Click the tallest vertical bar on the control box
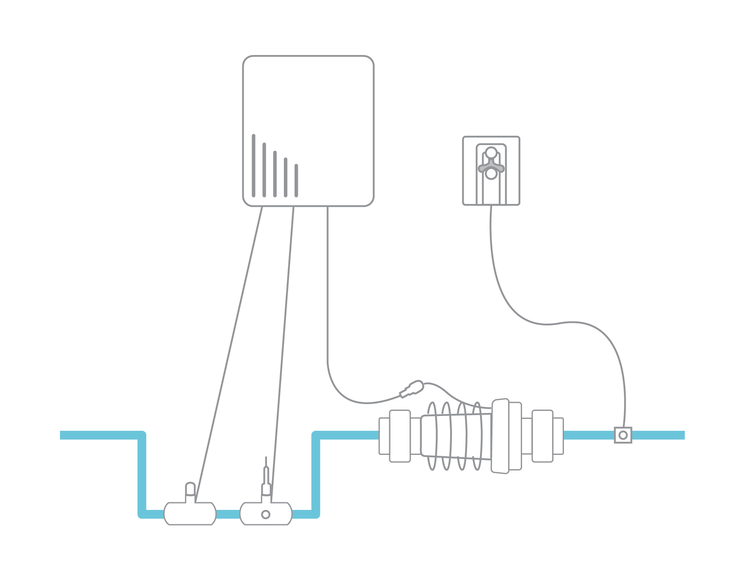tap(253, 165)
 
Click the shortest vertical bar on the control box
tap(296, 180)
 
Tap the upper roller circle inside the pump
tap(491, 152)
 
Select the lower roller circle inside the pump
tap(491, 173)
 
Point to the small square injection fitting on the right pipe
tap(623, 435)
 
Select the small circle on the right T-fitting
tap(266, 515)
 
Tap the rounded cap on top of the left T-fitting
tap(190, 488)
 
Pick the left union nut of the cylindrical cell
tap(399, 436)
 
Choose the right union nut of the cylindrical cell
tap(542, 436)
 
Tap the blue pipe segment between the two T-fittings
tap(228, 515)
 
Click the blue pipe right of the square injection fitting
tap(658, 435)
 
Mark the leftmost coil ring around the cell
tap(432, 436)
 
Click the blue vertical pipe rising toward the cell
tap(316, 474)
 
